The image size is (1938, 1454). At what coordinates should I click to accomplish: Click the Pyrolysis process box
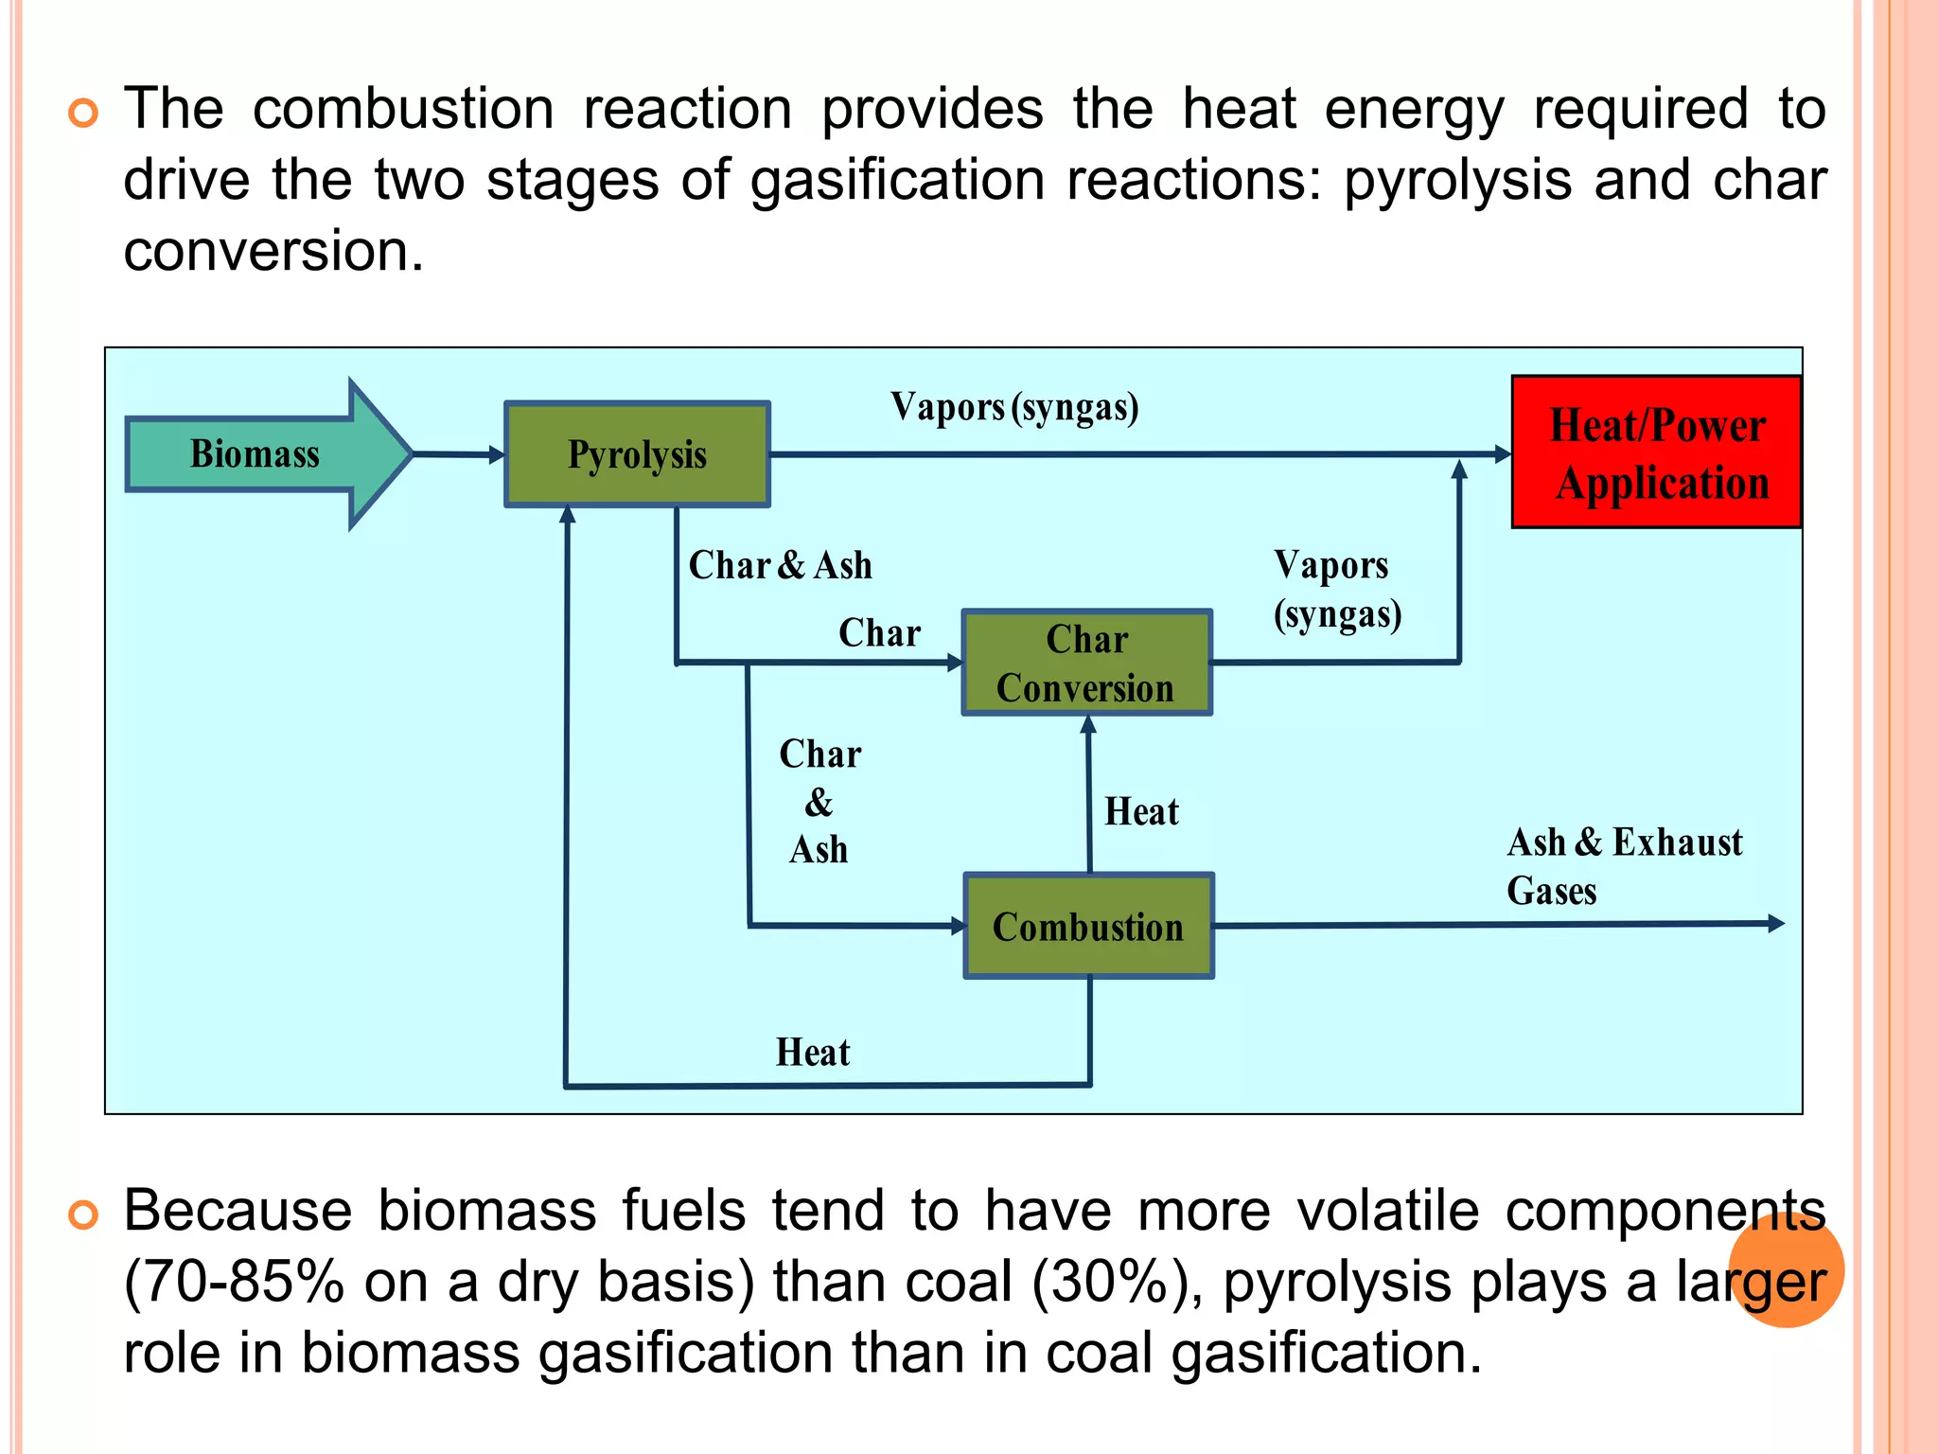637,454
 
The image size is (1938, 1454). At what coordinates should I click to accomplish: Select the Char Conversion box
1086,663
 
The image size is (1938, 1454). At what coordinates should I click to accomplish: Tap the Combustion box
1088,926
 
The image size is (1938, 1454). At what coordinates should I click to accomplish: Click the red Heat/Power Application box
1656,452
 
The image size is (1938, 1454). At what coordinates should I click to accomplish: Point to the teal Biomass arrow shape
265,454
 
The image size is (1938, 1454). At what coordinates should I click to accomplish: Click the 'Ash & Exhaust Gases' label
1623,866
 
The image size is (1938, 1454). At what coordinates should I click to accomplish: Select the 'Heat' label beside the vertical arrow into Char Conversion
1141,812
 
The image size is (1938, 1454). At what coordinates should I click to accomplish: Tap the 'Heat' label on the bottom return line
813,1053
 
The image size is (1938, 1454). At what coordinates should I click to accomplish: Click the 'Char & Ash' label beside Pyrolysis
780,565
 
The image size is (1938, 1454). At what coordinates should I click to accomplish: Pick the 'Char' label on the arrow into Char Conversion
879,633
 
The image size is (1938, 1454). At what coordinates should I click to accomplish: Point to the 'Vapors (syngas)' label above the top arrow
1014,407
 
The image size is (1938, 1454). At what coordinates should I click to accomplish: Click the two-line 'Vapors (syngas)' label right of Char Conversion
1336,589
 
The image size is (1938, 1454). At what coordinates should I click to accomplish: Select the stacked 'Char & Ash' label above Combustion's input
819,802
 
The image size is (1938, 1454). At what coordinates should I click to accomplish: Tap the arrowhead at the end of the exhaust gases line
1776,923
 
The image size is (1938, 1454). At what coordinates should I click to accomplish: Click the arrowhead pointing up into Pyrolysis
568,514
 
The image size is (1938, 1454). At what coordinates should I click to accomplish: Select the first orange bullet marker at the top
83,114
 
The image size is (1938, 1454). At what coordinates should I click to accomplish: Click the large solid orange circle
1786,1270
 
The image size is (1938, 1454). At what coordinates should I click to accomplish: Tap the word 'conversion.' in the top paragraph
273,252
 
